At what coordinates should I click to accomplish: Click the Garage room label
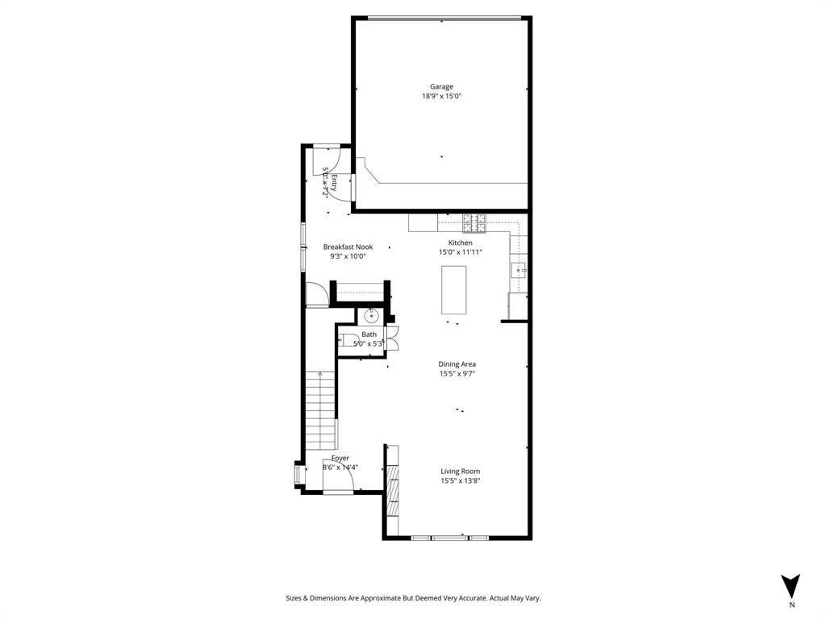[x=441, y=86]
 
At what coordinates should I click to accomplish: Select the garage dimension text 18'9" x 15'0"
[x=441, y=96]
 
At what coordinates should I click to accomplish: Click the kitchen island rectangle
[x=454, y=289]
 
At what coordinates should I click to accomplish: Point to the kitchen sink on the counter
[x=518, y=270]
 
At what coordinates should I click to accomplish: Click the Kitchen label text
[x=461, y=243]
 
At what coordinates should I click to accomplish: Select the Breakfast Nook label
[x=348, y=247]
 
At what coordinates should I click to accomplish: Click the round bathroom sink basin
[x=373, y=314]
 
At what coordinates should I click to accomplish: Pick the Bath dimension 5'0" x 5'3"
[x=369, y=344]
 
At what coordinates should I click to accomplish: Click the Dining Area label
[x=457, y=364]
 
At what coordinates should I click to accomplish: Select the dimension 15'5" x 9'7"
[x=457, y=374]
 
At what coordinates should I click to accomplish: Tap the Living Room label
[x=460, y=472]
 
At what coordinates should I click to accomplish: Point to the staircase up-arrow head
[x=320, y=373]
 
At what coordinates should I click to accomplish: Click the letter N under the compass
[x=791, y=604]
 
